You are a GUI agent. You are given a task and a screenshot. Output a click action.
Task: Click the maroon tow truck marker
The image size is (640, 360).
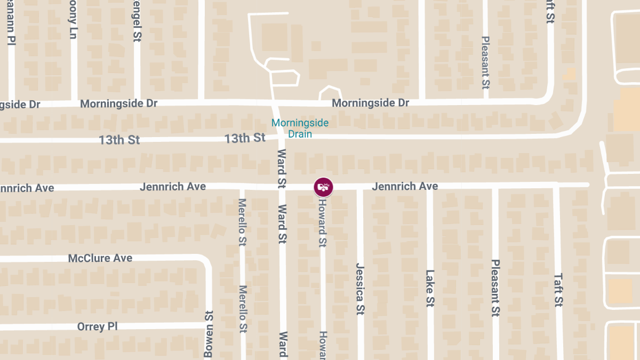[323, 187]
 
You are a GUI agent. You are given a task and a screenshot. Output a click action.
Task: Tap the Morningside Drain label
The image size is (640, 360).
[300, 129]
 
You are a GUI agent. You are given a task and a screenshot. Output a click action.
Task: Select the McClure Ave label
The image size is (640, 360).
[100, 258]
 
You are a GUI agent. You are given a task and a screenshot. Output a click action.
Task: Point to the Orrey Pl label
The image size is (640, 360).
[97, 326]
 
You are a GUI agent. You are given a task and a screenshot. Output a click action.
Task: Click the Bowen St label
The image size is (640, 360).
[209, 334]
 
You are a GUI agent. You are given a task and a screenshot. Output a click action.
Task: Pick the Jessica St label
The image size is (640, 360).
[360, 289]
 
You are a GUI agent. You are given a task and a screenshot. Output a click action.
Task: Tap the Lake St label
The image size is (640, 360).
[430, 288]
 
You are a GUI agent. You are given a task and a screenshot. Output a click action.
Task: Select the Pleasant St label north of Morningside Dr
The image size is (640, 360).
[485, 62]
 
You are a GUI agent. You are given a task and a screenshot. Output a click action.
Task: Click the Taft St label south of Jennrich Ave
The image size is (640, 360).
[558, 290]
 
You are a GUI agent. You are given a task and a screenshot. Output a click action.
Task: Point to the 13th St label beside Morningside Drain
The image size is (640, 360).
[245, 138]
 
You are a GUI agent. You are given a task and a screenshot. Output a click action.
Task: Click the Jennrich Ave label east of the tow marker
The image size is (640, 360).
[405, 186]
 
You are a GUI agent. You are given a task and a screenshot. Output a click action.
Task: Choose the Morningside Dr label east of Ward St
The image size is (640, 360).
[370, 102]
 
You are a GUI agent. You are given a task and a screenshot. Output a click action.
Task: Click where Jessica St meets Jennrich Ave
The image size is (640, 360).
[360, 187]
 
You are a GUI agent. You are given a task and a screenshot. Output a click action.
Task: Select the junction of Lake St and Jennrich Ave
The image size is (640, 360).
[430, 186]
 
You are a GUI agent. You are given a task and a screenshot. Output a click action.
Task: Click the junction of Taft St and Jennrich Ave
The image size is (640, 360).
[556, 185]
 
